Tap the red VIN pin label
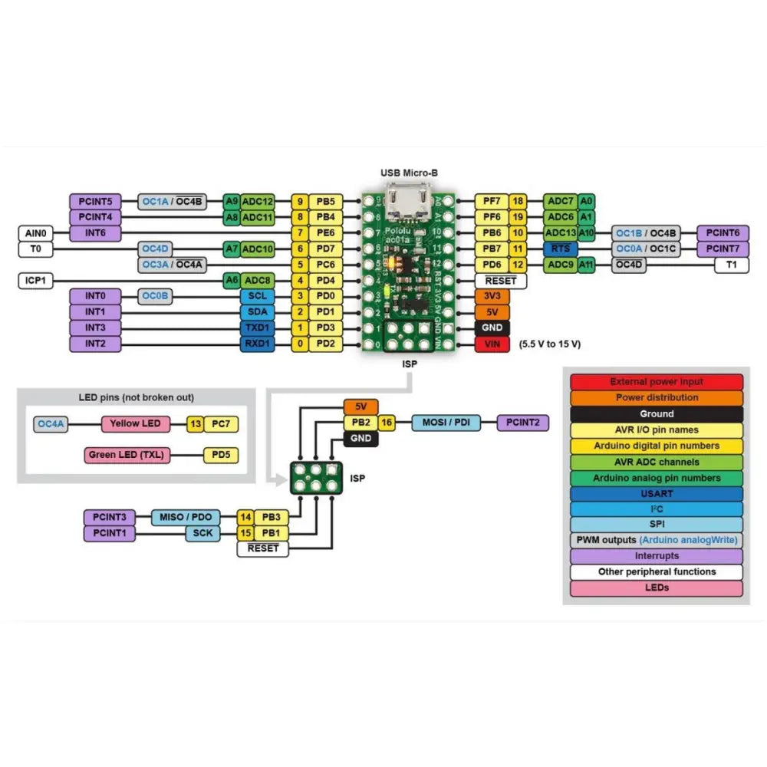[492, 344]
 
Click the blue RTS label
[560, 249]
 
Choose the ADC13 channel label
[560, 233]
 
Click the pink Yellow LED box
[135, 423]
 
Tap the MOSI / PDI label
[447, 422]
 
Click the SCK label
[203, 533]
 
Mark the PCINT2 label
[523, 422]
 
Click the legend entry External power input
[657, 382]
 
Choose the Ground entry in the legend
[657, 414]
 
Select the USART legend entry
[657, 493]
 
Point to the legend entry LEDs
[657, 588]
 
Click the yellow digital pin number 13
[196, 423]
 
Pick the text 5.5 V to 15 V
[550, 344]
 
